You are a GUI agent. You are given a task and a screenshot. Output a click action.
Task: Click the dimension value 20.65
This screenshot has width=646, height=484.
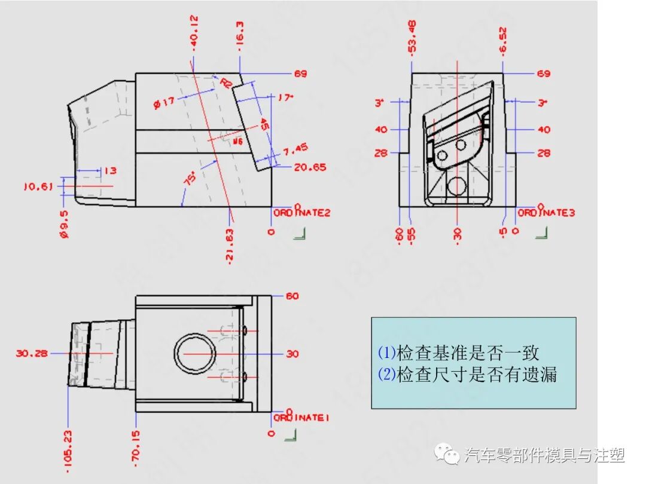(310, 167)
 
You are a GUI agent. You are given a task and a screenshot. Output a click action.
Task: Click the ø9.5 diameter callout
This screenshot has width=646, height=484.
(64, 223)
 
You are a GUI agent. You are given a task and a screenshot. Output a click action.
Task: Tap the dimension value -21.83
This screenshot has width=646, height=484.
(230, 245)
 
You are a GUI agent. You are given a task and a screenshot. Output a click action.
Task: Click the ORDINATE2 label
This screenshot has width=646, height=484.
(302, 213)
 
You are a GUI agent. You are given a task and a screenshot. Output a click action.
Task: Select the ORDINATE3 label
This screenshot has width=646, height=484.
(546, 213)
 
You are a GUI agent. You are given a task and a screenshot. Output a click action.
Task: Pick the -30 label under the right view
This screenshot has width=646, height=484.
(458, 234)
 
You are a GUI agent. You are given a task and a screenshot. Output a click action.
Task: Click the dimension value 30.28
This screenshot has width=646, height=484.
(32, 354)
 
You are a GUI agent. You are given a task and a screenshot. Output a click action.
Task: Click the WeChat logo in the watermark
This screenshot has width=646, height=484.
(448, 455)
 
